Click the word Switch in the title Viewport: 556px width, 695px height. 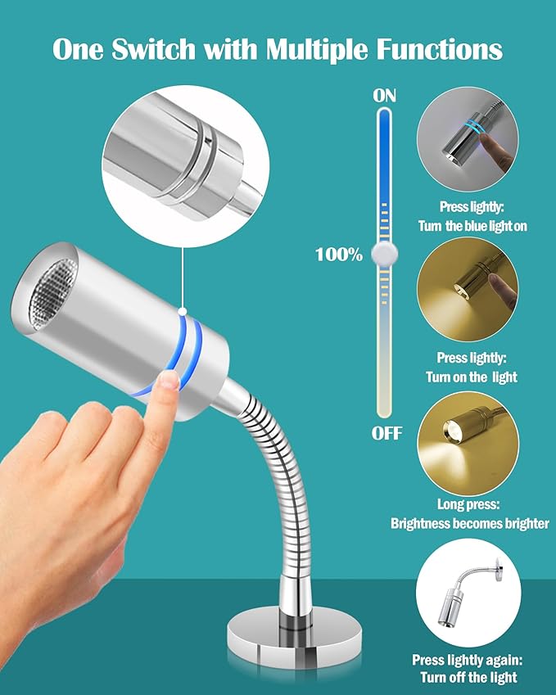pos(153,48)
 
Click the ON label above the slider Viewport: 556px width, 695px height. pos(384,96)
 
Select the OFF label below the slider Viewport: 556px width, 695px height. pos(386,433)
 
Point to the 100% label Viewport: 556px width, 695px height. pos(339,255)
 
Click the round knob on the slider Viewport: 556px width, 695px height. pos(384,254)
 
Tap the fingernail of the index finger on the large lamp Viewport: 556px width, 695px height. pos(170,380)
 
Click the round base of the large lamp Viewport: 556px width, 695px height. pos(294,634)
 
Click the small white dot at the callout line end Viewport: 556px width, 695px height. pos(183,312)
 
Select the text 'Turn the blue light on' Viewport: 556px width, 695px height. pos(472,226)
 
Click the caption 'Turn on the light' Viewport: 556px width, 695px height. pos(472,377)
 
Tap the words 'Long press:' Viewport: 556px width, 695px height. pos(468,504)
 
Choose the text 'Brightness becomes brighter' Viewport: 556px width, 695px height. pos(469,523)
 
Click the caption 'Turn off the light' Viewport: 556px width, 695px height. pos(468,677)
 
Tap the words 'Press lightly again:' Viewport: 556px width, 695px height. pos(468,660)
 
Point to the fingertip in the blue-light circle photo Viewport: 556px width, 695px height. pos(489,141)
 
